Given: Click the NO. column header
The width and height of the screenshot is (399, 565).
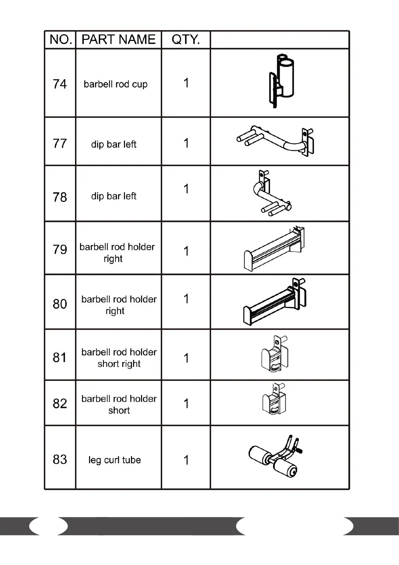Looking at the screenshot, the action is coord(60,40).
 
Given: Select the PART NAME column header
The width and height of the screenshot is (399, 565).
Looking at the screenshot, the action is coord(119,40).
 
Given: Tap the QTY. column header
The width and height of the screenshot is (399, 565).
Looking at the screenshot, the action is coord(186,40).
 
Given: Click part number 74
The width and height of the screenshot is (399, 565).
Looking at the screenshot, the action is coord(60,84).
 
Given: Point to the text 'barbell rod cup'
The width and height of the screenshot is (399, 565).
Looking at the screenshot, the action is coord(116,84).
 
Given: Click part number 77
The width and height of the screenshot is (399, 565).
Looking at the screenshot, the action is coord(60,144).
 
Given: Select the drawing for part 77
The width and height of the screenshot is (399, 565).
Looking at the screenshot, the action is coord(276,141).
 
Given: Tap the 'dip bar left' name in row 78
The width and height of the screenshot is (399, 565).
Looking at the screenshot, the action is coord(114,196).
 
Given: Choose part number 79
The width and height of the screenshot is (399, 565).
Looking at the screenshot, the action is coord(60,250).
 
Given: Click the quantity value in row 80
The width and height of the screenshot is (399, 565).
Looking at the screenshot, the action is coord(186,299).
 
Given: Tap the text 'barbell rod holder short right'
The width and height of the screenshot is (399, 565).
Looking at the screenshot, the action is coord(119,358).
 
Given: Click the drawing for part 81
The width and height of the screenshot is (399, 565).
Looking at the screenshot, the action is coord(275,355).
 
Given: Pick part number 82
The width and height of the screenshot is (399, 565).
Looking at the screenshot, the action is coord(60,403).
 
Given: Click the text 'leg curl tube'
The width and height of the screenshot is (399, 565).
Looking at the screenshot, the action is coord(115,460).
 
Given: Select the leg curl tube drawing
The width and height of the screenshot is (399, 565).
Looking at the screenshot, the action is coord(275,456).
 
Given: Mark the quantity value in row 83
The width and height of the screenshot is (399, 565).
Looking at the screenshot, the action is coord(186,460).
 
